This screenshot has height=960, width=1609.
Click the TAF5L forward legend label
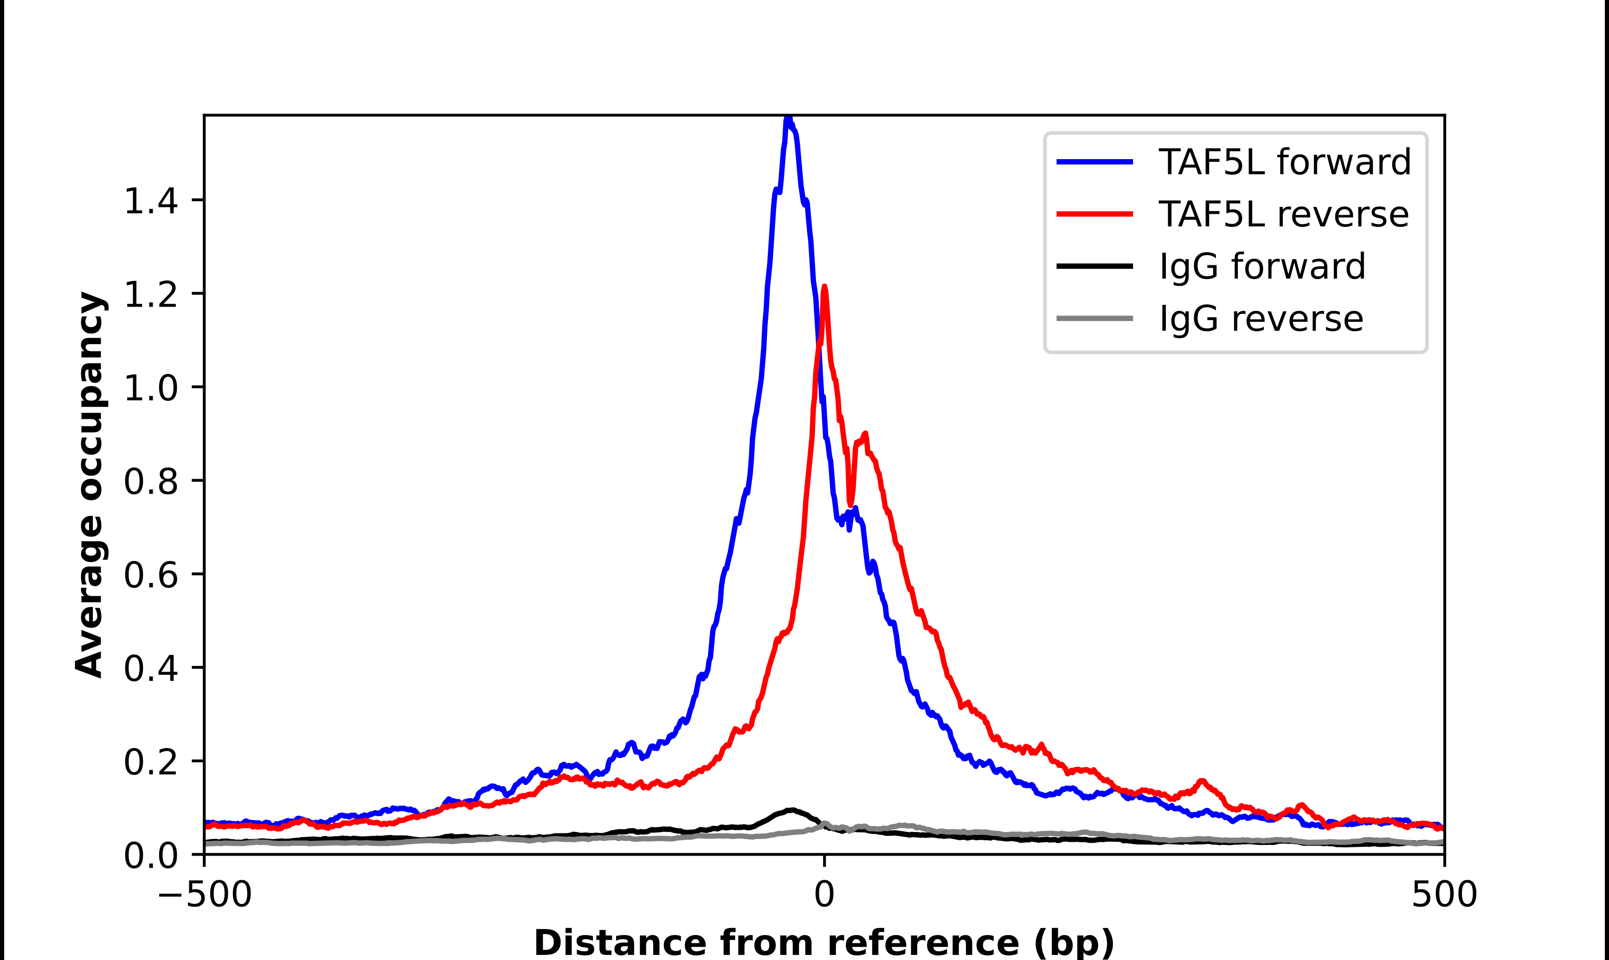[1284, 162]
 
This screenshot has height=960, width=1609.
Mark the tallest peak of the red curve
[824, 287]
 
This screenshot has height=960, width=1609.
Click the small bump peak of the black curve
[791, 810]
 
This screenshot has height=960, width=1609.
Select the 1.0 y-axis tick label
[150, 388]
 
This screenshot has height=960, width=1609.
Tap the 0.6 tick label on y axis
[150, 575]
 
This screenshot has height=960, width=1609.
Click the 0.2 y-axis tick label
[150, 762]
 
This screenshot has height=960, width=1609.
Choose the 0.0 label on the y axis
[150, 855]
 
